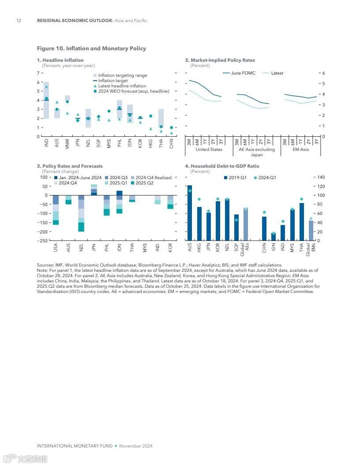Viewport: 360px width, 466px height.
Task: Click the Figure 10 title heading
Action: pos(91,49)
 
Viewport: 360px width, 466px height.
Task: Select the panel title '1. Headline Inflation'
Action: pos(60,60)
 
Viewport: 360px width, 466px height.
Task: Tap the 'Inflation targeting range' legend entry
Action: pos(122,75)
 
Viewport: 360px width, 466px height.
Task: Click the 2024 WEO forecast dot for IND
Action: pos(46,98)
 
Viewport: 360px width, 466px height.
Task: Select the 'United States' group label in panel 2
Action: pos(209,150)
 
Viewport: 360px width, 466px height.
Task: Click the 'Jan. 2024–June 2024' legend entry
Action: pos(80,178)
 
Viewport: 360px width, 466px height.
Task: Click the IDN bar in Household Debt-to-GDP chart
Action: pos(274,237)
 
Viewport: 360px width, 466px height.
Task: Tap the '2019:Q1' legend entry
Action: pos(237,178)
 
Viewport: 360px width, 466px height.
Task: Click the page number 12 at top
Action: pos(19,21)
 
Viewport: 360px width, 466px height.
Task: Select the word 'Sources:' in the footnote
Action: pos(45,265)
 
